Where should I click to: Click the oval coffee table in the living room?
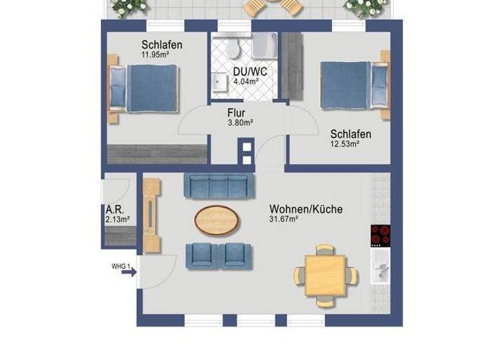219,219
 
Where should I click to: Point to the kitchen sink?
380,269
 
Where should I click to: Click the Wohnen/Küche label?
306,209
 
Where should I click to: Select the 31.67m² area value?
286,219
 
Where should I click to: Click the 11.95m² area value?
155,55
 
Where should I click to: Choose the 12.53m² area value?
345,144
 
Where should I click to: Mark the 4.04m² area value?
245,82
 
